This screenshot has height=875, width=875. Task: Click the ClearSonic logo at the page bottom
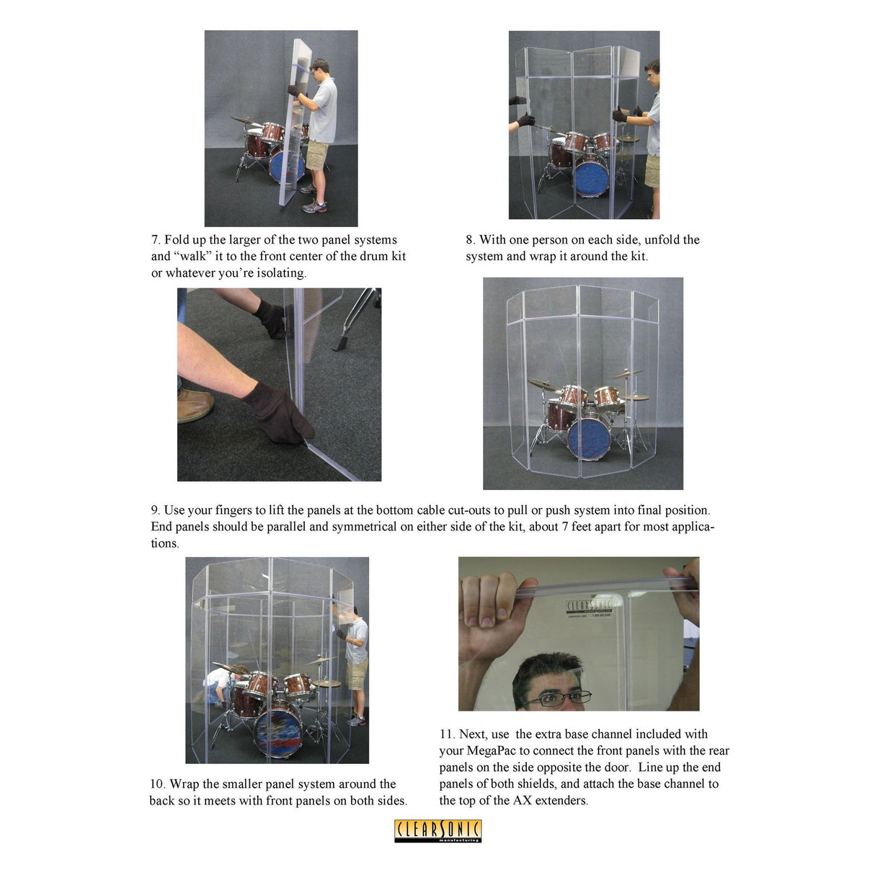[x=437, y=830]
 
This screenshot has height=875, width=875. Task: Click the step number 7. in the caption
[x=156, y=240]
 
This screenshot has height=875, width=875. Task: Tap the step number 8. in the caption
[x=470, y=240]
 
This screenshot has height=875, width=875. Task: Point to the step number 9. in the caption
[x=156, y=510]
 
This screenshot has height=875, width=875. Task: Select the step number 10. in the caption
[x=157, y=784]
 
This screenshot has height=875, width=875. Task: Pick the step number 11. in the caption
[x=447, y=734]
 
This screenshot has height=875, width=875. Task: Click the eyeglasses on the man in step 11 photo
[x=566, y=698]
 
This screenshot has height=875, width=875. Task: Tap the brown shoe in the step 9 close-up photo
[x=194, y=406]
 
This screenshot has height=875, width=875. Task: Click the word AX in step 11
[x=521, y=801]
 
